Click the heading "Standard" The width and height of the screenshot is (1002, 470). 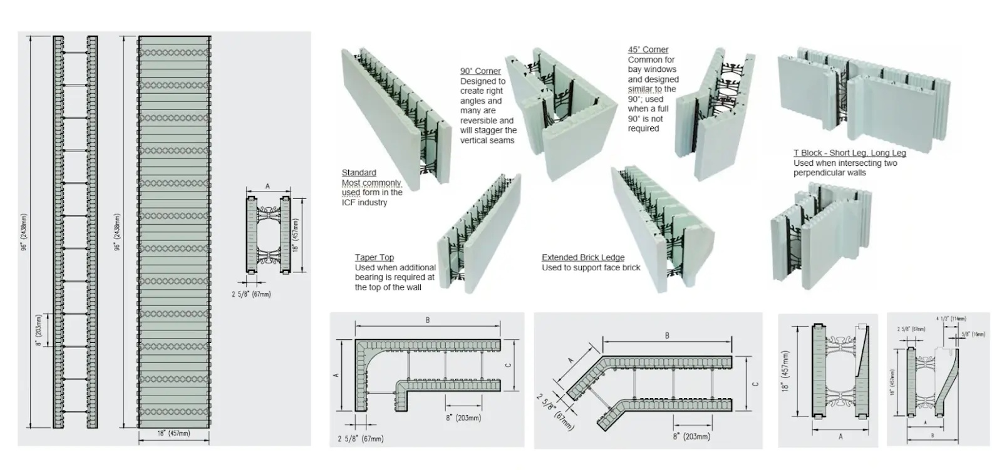359,173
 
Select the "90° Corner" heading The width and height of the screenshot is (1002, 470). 480,71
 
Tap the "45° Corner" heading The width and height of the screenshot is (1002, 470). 648,49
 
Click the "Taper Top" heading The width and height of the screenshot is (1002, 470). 374,258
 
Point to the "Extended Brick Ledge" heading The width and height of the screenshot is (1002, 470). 582,258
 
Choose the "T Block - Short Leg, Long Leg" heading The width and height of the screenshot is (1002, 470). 849,153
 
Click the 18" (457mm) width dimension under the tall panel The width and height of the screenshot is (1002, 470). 173,433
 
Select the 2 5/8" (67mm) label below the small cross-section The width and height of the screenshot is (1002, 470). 251,294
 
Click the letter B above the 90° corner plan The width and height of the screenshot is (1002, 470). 428,320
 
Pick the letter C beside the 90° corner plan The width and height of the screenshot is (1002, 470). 509,365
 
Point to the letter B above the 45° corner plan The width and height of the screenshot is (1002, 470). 667,336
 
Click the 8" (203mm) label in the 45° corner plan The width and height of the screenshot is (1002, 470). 691,436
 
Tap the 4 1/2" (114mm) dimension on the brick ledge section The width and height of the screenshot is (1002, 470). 953,319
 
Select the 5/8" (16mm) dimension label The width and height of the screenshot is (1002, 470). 973,334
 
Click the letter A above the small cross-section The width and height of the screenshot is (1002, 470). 267,186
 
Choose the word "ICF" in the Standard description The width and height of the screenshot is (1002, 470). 349,203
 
